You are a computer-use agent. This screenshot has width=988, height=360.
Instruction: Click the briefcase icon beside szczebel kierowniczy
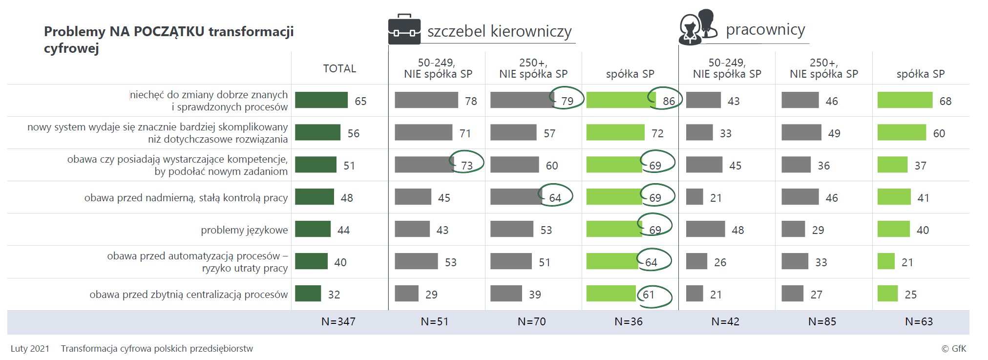click(404, 29)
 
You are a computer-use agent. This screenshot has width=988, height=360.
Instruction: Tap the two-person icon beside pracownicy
click(698, 27)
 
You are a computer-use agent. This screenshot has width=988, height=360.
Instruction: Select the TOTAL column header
click(339, 68)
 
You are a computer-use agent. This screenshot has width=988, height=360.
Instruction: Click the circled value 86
click(669, 101)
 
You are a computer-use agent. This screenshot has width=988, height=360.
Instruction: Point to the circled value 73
click(467, 166)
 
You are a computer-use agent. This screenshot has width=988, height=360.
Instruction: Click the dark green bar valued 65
click(321, 100)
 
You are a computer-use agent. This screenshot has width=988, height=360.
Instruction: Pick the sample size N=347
click(338, 321)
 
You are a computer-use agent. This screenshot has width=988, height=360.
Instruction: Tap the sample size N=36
click(629, 321)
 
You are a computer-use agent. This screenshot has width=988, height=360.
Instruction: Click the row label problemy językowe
click(244, 230)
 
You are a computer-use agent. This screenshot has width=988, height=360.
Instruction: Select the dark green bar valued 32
click(308, 294)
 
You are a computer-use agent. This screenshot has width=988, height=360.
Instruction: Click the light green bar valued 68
click(904, 100)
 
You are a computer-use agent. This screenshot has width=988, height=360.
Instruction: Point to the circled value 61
click(649, 295)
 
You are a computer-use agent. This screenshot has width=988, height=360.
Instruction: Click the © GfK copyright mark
click(953, 348)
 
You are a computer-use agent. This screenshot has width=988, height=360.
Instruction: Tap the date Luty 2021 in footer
click(30, 348)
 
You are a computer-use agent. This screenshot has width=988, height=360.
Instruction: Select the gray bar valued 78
click(426, 100)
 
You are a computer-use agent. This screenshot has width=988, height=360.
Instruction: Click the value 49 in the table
click(834, 133)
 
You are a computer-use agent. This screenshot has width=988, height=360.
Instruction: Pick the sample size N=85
click(822, 321)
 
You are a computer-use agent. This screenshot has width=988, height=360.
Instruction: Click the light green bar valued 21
click(886, 261)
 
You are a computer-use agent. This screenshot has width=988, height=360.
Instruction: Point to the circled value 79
click(567, 101)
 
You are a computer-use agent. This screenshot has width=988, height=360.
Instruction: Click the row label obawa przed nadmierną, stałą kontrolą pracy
click(186, 198)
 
